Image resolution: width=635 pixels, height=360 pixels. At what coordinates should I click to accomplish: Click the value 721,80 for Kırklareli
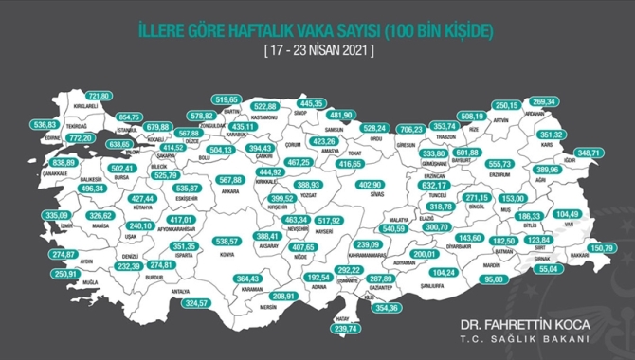100,97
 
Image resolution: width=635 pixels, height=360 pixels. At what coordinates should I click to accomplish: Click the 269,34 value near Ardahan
570,101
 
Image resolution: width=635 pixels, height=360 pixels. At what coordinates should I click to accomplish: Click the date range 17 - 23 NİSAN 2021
317,50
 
